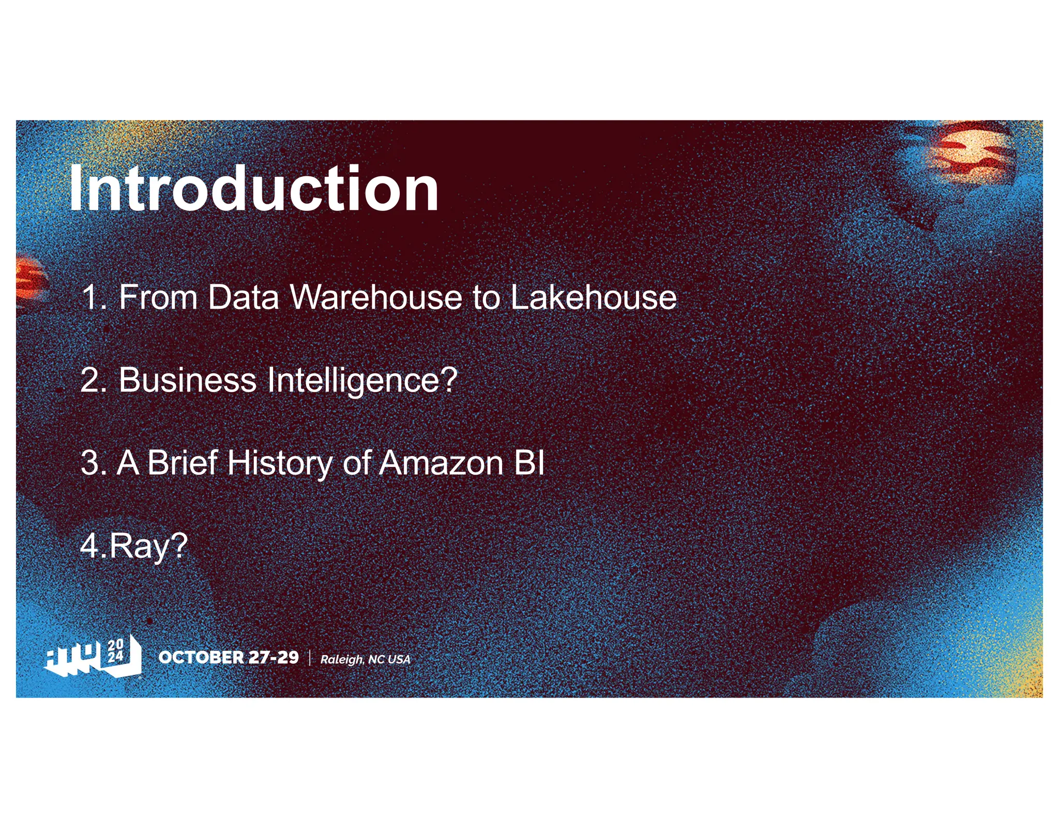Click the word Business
point(187,380)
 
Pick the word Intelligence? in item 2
point(362,381)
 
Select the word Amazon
point(441,463)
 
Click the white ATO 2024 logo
point(94,657)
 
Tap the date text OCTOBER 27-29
point(229,657)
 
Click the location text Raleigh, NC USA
point(365,659)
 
